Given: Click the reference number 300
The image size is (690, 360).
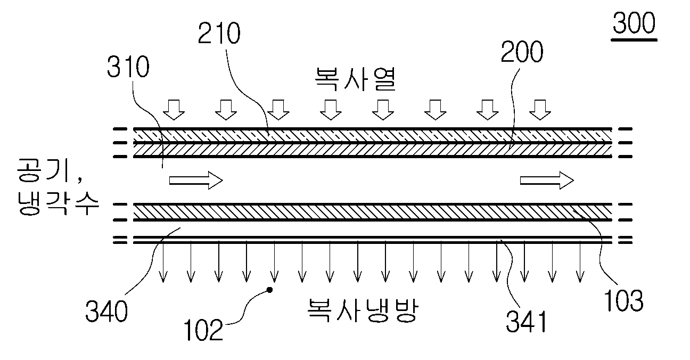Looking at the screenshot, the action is pos(634,22).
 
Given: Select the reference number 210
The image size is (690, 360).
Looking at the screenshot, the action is pos(219,33).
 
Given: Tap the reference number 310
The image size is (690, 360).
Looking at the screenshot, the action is pos(128,67).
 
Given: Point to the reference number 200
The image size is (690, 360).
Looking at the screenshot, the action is pos(522,52).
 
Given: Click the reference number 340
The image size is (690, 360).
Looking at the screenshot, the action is pos(106,312).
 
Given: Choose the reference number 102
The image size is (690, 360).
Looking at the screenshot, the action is pos(203,330).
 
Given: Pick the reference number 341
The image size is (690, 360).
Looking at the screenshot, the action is pos(527,322).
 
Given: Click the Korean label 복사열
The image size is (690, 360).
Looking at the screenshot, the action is pos(355,79).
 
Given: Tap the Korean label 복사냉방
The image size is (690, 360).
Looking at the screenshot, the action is pos(363,310).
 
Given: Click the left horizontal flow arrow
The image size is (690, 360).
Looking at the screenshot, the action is pos(196,181).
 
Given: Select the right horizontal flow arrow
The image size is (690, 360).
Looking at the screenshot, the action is pos(547,181).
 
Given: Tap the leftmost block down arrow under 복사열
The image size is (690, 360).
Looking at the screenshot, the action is pos(174,110).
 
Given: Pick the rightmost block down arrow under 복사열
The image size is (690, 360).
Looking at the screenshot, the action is pos(540,110).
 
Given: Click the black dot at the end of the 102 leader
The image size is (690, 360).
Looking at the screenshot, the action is pos(269,290).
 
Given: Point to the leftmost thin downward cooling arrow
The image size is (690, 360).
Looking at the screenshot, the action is pos(163,262).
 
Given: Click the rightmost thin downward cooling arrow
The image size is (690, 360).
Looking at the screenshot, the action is pos(580,262).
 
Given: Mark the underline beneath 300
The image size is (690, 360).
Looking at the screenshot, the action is pos(634,40).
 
